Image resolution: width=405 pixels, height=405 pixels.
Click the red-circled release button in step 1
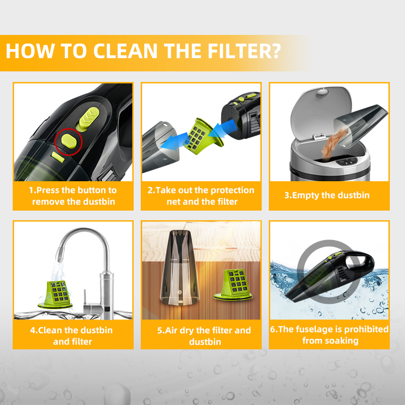pyautogui.click(x=69, y=141)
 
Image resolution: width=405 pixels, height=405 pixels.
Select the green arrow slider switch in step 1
pyautogui.click(x=88, y=119)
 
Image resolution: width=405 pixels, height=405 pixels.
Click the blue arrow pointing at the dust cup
pyautogui.click(x=174, y=141)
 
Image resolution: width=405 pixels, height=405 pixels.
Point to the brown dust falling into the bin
pyautogui.click(x=334, y=143)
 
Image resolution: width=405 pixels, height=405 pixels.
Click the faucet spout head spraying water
pyautogui.click(x=60, y=255)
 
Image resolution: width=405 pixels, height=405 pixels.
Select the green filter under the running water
pyautogui.click(x=56, y=295)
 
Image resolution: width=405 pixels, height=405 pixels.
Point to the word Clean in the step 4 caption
pyautogui.click(x=50, y=331)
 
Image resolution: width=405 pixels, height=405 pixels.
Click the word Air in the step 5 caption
pyautogui.click(x=171, y=331)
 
